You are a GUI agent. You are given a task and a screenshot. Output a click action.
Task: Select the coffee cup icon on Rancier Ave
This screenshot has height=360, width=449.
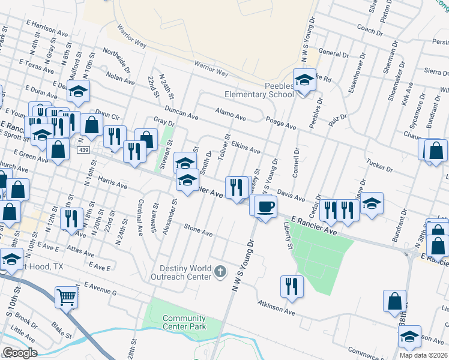point(265,207)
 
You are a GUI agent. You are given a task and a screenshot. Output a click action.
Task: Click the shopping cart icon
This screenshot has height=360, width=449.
point(67,297)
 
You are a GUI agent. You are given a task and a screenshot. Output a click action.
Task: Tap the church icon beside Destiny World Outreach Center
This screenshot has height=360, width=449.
point(220,272)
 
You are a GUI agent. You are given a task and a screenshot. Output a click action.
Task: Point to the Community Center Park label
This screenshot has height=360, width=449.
point(184,323)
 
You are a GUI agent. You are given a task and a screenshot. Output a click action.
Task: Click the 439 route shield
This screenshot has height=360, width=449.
point(83,149)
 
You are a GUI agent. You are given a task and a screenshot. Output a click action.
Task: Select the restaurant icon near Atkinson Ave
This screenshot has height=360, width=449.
point(292,287)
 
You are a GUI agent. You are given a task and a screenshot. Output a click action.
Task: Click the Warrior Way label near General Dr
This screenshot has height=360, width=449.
point(210,68)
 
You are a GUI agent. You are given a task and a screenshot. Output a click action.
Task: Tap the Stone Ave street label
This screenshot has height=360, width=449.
point(199,229)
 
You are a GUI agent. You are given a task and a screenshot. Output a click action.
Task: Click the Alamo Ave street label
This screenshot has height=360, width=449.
point(231,115)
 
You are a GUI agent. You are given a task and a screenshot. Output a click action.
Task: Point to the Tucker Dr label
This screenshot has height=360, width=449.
point(379,166)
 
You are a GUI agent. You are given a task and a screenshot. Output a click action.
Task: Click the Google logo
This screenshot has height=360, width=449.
point(20,352)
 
